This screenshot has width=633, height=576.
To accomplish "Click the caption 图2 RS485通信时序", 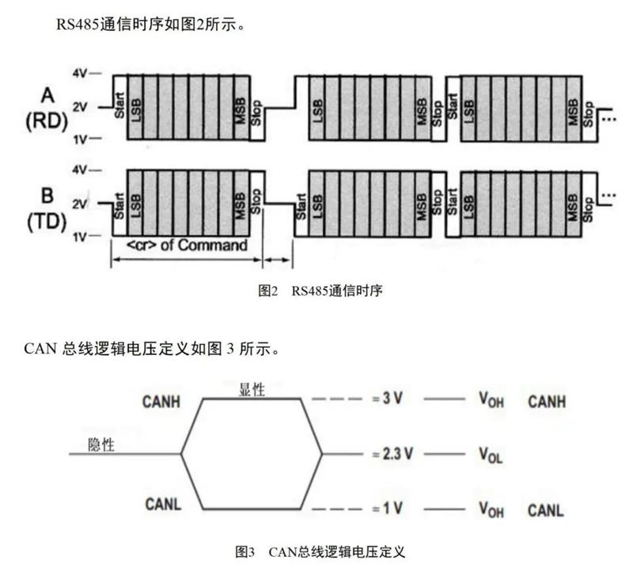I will tap(320, 291).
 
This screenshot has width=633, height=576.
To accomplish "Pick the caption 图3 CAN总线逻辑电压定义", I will tap(320, 550).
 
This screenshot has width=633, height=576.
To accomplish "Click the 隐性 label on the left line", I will tap(101, 444).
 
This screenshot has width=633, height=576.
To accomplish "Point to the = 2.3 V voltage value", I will tap(392, 455).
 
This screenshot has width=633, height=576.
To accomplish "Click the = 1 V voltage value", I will tap(387, 509).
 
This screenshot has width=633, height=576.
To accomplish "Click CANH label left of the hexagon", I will tap(162, 402).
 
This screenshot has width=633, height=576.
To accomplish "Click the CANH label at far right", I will tap(548, 402).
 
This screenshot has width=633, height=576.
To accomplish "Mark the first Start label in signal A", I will tap(119, 105).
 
